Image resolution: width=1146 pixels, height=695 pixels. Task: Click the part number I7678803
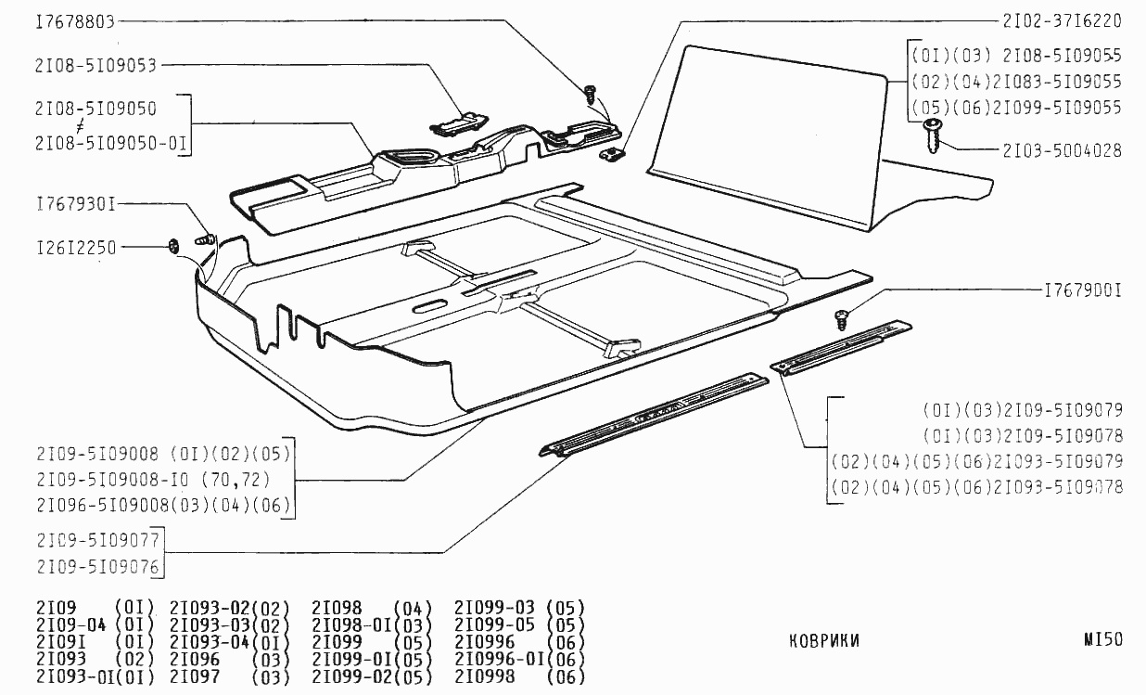75,21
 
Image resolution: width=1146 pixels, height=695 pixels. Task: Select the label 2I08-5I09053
95,66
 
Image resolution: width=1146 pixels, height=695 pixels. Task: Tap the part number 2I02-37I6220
1062,20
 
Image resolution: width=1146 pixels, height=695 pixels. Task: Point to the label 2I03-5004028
1062,150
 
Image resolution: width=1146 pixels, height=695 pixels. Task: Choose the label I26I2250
75,248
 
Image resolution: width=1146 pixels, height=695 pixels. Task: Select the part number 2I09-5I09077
98,540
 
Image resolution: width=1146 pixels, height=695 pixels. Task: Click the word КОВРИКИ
823,640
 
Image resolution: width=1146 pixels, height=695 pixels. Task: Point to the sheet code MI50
1102,639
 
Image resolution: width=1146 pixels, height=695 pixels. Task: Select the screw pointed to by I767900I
843,319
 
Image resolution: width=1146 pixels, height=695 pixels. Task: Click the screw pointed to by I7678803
590,93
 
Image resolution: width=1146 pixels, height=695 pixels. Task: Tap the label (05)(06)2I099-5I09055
1016,108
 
